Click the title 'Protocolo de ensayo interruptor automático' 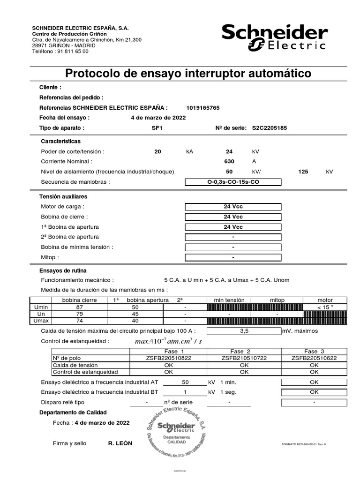[x=188, y=74]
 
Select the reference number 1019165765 [x=202, y=108]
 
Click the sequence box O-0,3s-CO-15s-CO [x=233, y=182]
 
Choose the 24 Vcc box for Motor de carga [x=233, y=207]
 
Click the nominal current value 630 [x=229, y=161]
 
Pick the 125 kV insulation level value [x=303, y=172]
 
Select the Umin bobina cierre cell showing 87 [x=79, y=307]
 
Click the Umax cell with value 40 [x=135, y=321]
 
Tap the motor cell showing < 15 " [x=325, y=307]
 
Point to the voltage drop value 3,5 [x=244, y=331]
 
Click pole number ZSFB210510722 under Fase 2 [x=244, y=358]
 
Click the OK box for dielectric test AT [x=314, y=382]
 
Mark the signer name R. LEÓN [x=120, y=443]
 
